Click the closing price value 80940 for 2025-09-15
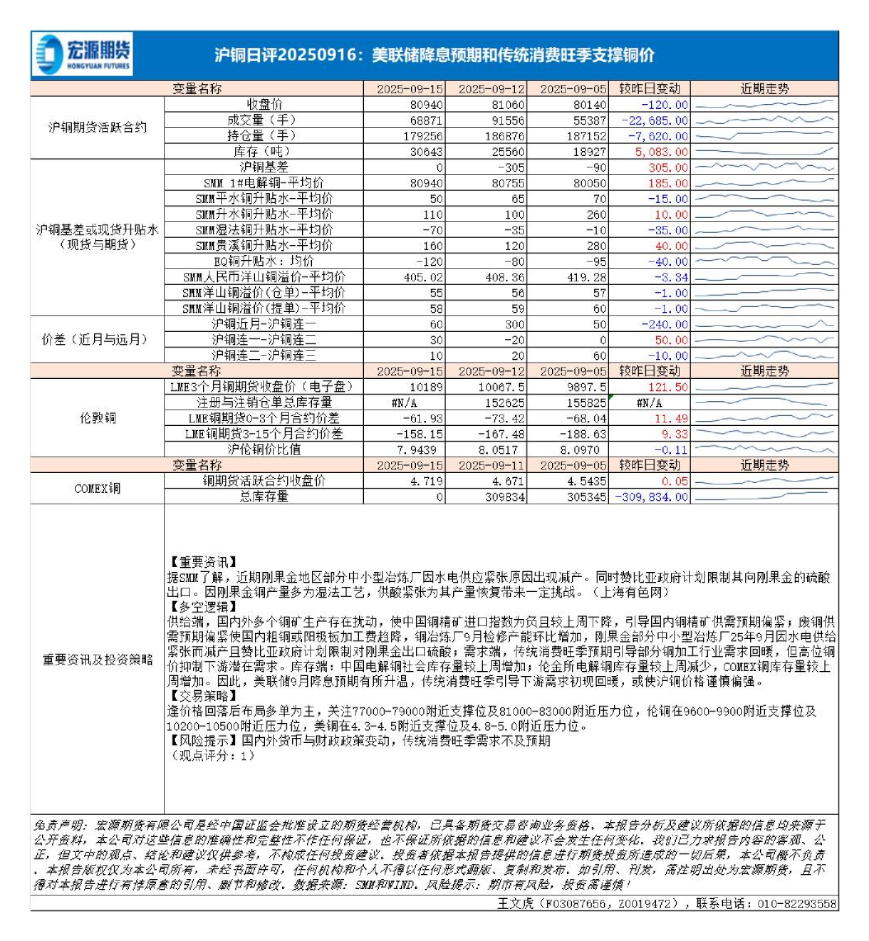tap(426, 105)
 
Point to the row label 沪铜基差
tap(265, 168)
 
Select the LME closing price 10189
tap(427, 387)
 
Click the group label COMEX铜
tap(97, 489)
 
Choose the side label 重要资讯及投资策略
tap(97, 660)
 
